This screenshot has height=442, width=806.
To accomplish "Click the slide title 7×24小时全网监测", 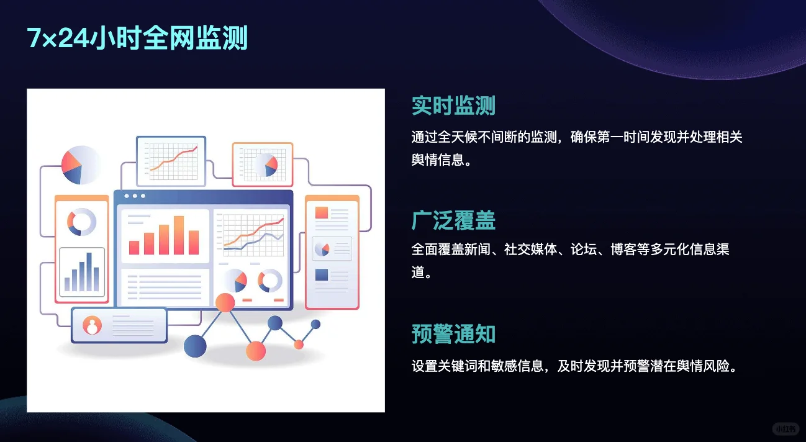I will [x=137, y=38].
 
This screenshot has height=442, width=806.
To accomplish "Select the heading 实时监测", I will [x=453, y=106].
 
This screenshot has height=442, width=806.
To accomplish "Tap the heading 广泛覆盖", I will [x=453, y=220].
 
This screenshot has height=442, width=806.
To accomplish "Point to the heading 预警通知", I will [x=453, y=334].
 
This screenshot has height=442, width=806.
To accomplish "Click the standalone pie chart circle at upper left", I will [x=80, y=165].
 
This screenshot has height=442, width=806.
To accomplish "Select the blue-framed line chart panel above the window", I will [x=171, y=161].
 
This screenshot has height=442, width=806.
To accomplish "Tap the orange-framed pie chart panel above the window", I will [x=262, y=165].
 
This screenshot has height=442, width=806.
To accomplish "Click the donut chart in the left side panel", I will [x=81, y=222].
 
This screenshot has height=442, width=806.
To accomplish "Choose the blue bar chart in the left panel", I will [x=82, y=273].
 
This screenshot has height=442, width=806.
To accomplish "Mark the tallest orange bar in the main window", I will [x=179, y=235].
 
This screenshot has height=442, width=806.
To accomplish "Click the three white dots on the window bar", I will [x=135, y=196].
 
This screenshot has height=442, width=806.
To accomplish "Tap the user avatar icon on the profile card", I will [x=93, y=325].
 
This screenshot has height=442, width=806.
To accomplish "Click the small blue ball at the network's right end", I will [x=315, y=324].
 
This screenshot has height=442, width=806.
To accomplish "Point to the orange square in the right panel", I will [x=322, y=212].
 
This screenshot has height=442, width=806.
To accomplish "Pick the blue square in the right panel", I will [x=322, y=274].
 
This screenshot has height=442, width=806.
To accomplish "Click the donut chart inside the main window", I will [x=270, y=281].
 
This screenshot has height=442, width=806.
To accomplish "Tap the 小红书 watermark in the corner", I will [x=786, y=429].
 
